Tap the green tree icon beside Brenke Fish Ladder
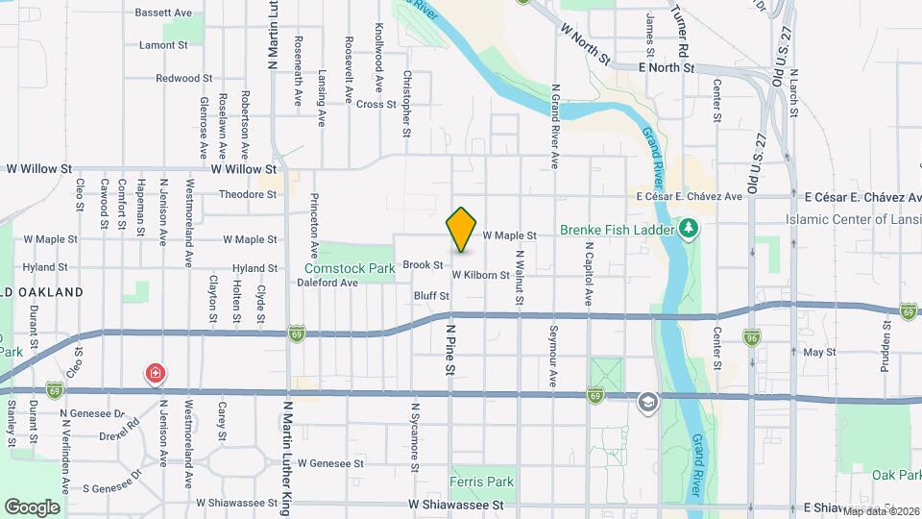[688, 229]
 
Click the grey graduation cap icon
[648, 402]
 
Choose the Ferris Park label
[482, 482]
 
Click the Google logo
[32, 507]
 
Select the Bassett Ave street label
[163, 13]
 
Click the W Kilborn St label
[480, 275]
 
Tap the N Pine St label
[449, 349]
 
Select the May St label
[819, 353]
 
